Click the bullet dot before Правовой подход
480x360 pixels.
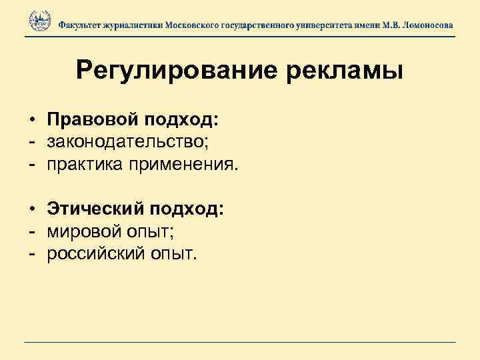click(32, 120)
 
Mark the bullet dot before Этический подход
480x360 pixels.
click(32, 210)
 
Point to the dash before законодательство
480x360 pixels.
click(31, 142)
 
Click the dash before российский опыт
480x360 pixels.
click(31, 254)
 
